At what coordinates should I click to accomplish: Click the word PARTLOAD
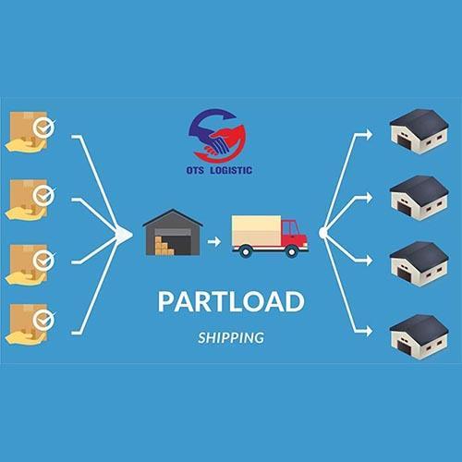click(x=231, y=301)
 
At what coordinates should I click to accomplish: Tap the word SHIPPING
click(x=231, y=338)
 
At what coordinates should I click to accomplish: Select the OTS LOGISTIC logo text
click(x=219, y=170)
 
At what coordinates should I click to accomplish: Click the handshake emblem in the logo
click(x=217, y=135)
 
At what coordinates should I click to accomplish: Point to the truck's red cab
click(x=294, y=233)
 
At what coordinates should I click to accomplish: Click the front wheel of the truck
click(x=291, y=251)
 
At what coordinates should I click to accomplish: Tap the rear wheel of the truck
click(x=246, y=251)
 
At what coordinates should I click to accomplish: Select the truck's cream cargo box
click(x=256, y=230)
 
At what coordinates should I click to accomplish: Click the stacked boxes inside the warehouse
click(x=164, y=246)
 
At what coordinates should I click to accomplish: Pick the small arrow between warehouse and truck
click(x=214, y=241)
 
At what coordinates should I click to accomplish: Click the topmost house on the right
click(x=419, y=131)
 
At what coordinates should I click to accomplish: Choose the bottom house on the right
click(x=419, y=336)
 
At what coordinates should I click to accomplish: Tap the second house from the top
click(x=419, y=198)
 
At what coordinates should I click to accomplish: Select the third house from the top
click(x=419, y=264)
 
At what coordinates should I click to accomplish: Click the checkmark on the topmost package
click(x=43, y=127)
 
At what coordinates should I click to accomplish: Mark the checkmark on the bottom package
click(x=43, y=320)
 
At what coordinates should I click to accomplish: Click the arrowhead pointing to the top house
click(x=369, y=135)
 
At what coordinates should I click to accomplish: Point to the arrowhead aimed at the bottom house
click(x=369, y=332)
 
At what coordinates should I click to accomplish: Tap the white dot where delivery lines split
click(x=323, y=233)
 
